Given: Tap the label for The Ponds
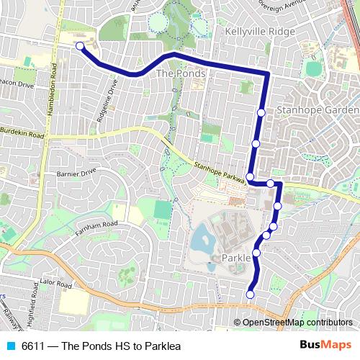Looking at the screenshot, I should click(181, 73).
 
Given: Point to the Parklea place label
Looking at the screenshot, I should click(240, 257).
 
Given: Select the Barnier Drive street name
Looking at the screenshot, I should click(76, 173).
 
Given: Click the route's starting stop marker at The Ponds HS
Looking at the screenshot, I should click(80, 47).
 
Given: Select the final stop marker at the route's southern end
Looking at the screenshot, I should click(251, 294).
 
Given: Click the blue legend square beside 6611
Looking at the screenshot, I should click(10, 346).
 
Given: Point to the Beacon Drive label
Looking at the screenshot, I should click(18, 84).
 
